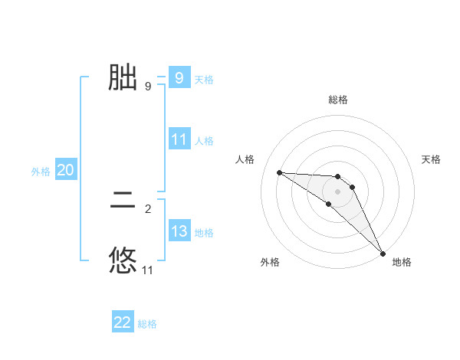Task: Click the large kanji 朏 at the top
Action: click(x=123, y=77)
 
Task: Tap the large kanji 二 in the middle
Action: click(x=123, y=204)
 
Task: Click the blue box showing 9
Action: click(x=179, y=77)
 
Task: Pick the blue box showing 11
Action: click(x=179, y=139)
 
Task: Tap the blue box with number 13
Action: click(x=179, y=231)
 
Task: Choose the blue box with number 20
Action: click(x=65, y=170)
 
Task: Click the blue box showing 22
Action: click(x=123, y=322)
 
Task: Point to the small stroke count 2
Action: click(x=148, y=208)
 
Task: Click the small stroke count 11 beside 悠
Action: click(x=148, y=270)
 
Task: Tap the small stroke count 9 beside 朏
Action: click(x=148, y=87)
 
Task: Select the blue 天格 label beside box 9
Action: click(x=204, y=79)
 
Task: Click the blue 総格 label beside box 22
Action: click(x=147, y=324)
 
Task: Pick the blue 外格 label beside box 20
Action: click(x=41, y=172)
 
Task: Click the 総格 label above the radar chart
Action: click(x=338, y=100)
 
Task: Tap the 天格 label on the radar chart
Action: click(x=432, y=159)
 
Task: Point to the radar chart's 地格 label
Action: click(x=402, y=262)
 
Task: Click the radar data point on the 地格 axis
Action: click(x=383, y=252)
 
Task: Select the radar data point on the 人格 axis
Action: click(x=279, y=172)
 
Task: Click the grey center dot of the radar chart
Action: click(x=338, y=191)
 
